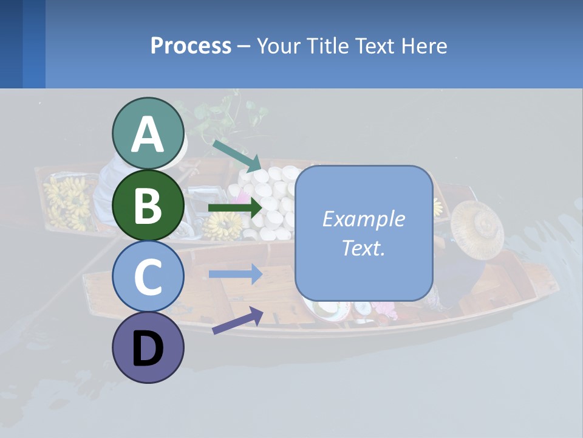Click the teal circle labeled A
tap(148, 133)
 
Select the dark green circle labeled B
tap(148, 205)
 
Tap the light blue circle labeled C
tap(148, 276)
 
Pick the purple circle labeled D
tap(148, 347)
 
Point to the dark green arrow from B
tap(234, 207)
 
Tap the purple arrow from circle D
tap(237, 320)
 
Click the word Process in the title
tap(191, 46)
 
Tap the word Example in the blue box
tap(364, 219)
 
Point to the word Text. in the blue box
tap(364, 248)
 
